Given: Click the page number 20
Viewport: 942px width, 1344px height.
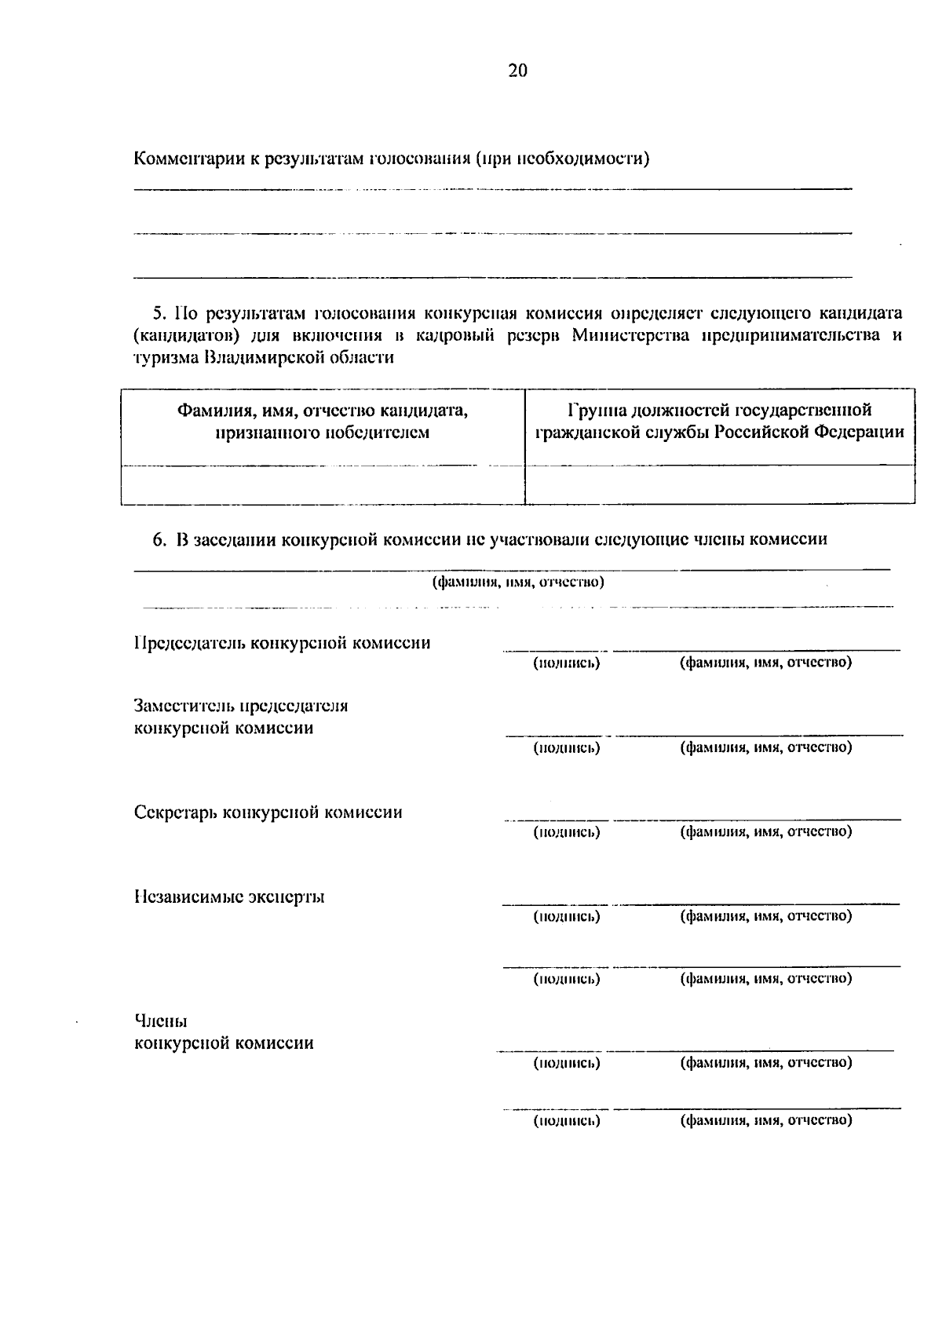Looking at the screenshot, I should click(x=518, y=71).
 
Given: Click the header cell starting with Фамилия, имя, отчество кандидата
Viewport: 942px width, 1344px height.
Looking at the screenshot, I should click(x=322, y=422).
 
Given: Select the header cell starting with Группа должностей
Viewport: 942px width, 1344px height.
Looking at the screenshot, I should click(x=719, y=422).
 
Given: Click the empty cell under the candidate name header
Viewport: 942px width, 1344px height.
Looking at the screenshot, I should click(x=322, y=484).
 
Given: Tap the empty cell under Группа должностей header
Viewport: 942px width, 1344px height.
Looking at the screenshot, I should click(x=719, y=484).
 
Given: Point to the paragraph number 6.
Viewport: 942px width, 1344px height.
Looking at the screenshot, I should click(x=159, y=539).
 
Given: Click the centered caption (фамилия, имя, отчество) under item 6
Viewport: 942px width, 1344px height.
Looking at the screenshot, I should click(x=518, y=583).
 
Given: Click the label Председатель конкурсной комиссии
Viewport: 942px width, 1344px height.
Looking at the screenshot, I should click(x=283, y=643).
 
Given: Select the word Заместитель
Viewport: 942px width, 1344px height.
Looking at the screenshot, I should click(x=182, y=705).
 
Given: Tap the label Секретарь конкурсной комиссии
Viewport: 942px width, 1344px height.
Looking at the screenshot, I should click(x=268, y=812).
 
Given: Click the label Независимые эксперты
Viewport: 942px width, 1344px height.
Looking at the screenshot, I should click(x=229, y=897).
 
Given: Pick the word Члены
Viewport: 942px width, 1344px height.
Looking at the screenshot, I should click(x=161, y=1021).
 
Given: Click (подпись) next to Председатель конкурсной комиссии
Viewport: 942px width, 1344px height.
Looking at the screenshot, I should click(x=567, y=663).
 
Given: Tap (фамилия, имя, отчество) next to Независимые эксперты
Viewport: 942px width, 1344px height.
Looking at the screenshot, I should click(x=765, y=916).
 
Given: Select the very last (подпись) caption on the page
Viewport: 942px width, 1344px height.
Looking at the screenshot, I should click(x=567, y=1121).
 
